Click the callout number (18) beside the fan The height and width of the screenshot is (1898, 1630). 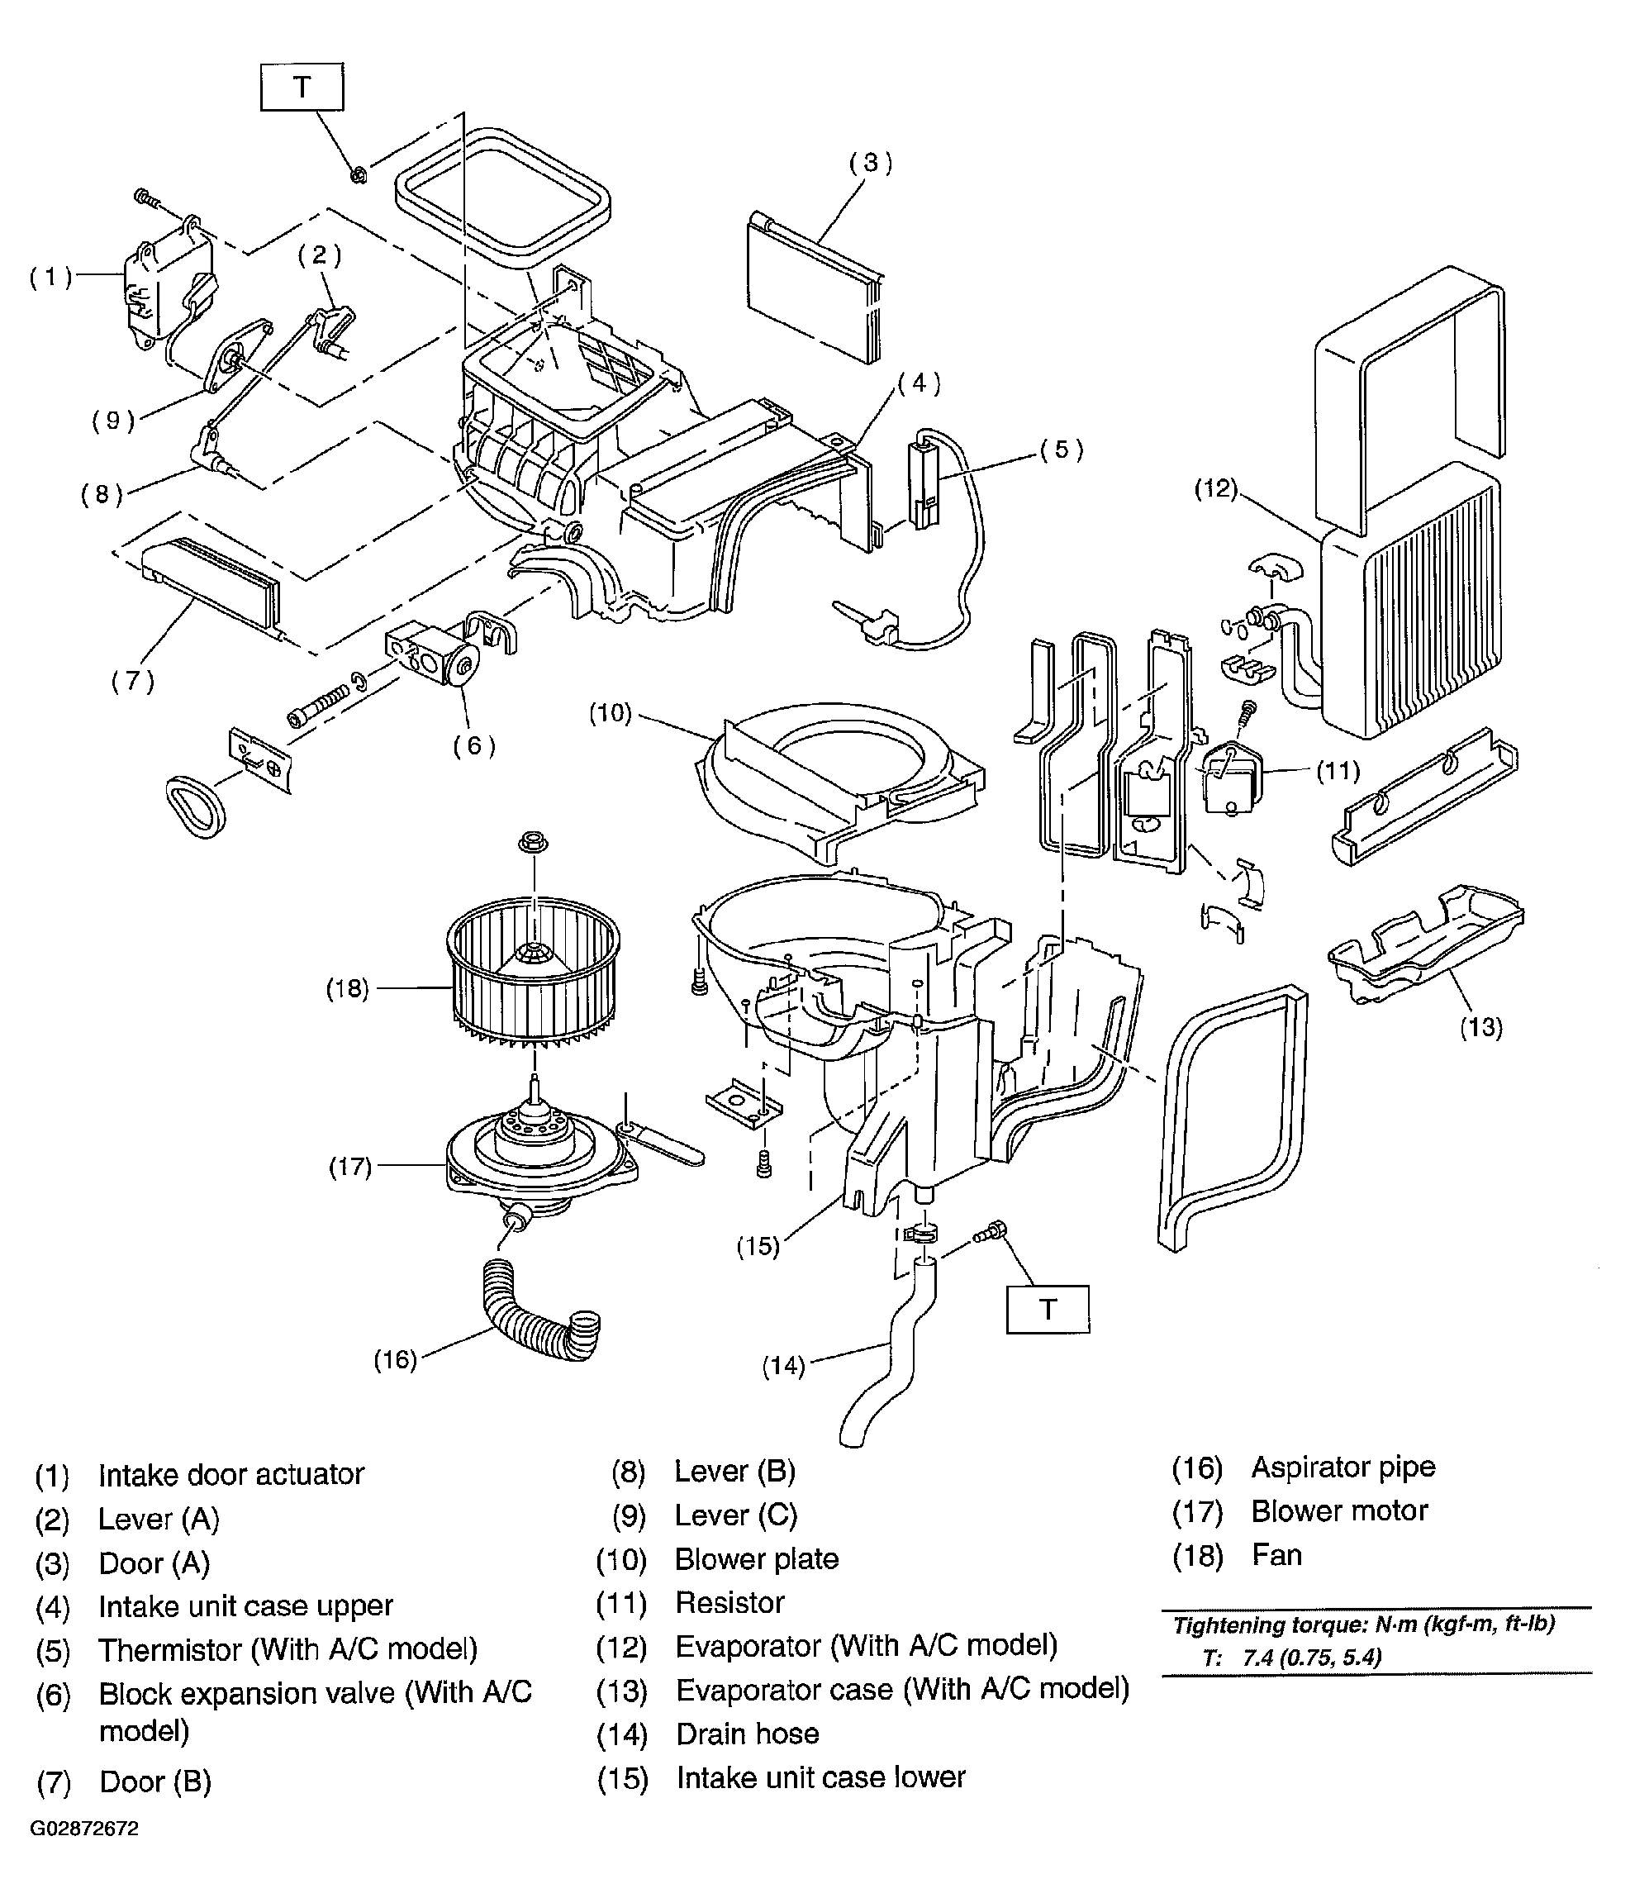coord(348,988)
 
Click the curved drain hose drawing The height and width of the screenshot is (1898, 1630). coord(886,1350)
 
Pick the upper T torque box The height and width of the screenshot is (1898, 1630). coord(302,87)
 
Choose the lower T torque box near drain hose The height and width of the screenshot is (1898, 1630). coord(1048,1309)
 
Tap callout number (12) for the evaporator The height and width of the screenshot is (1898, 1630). coord(1216,488)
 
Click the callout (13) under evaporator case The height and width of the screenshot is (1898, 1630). coord(1480,1028)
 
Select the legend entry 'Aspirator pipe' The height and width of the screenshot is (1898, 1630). coord(1343,1467)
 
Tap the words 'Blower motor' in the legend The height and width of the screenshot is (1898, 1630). coord(1340,1510)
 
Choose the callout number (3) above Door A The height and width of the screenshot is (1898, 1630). coord(871,163)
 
